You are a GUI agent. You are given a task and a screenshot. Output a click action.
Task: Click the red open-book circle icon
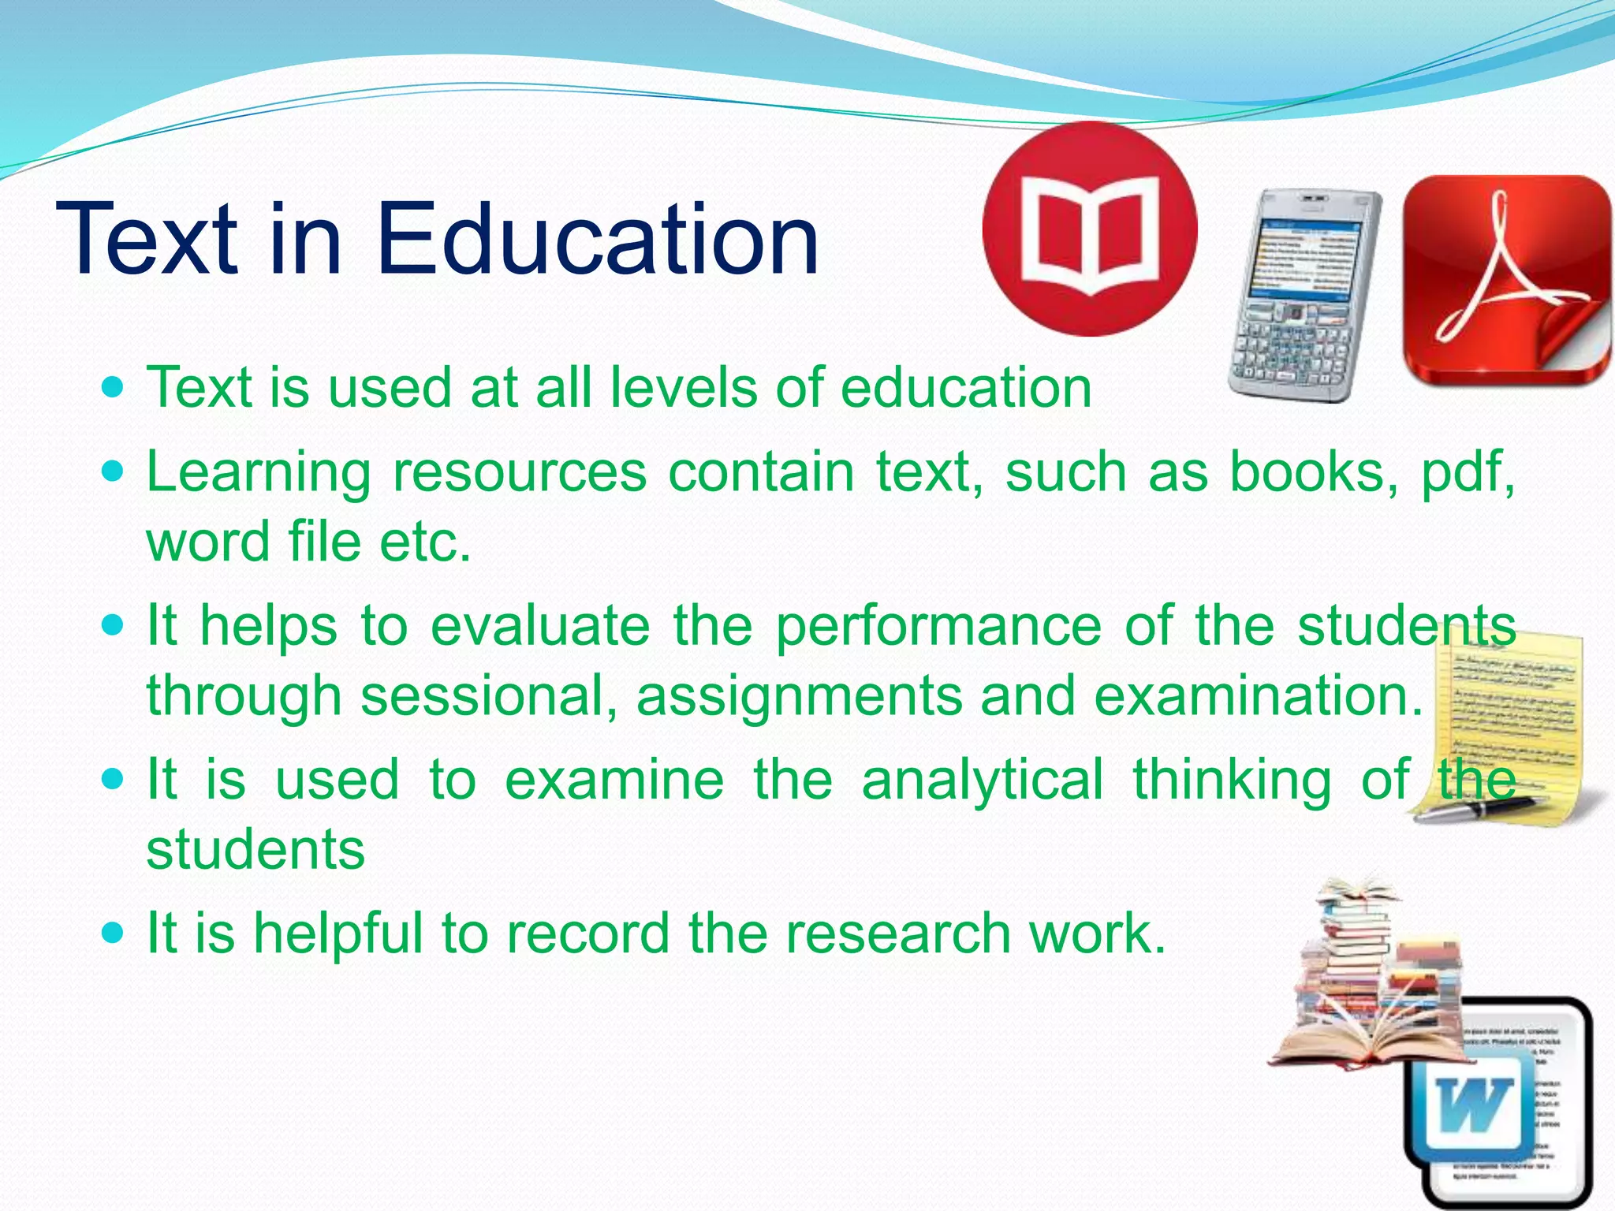(x=1090, y=229)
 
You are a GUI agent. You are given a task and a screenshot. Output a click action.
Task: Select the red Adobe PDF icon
(x=1507, y=280)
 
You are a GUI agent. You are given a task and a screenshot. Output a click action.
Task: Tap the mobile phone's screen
(x=1304, y=260)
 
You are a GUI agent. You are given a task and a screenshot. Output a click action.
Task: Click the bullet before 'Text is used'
(x=114, y=388)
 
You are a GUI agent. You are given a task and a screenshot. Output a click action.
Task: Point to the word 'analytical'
(x=982, y=780)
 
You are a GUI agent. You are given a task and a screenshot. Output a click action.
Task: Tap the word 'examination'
(x=1259, y=696)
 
